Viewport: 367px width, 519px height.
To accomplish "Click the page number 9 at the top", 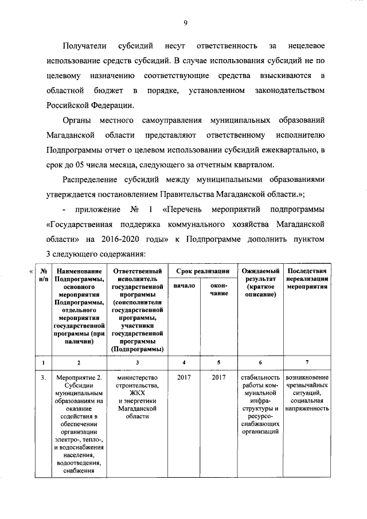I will coord(185,22).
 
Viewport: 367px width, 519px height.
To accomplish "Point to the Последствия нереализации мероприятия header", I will coord(307,278).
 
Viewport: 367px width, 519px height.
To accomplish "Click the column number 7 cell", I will coord(307,362).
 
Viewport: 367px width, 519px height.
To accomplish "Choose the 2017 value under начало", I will coord(184,377).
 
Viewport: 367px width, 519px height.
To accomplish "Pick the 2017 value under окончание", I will coord(218,377).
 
